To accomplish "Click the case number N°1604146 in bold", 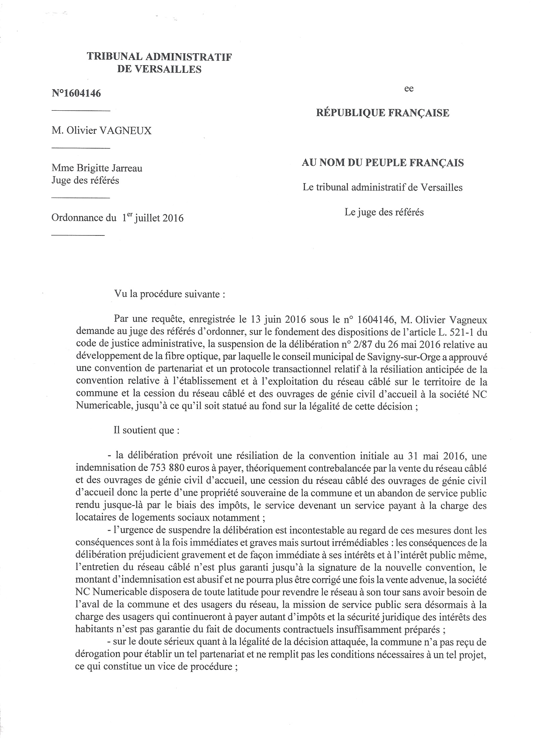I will click(76, 93).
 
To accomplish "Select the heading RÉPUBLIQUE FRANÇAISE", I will click(383, 113).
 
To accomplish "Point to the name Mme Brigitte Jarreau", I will click(97, 168).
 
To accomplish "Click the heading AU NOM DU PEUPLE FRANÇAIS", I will click(383, 163).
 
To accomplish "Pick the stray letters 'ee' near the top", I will click(409, 89).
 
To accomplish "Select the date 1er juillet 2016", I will click(153, 218).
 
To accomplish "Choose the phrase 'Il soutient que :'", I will click(147, 430).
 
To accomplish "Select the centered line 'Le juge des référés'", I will click(384, 212).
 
